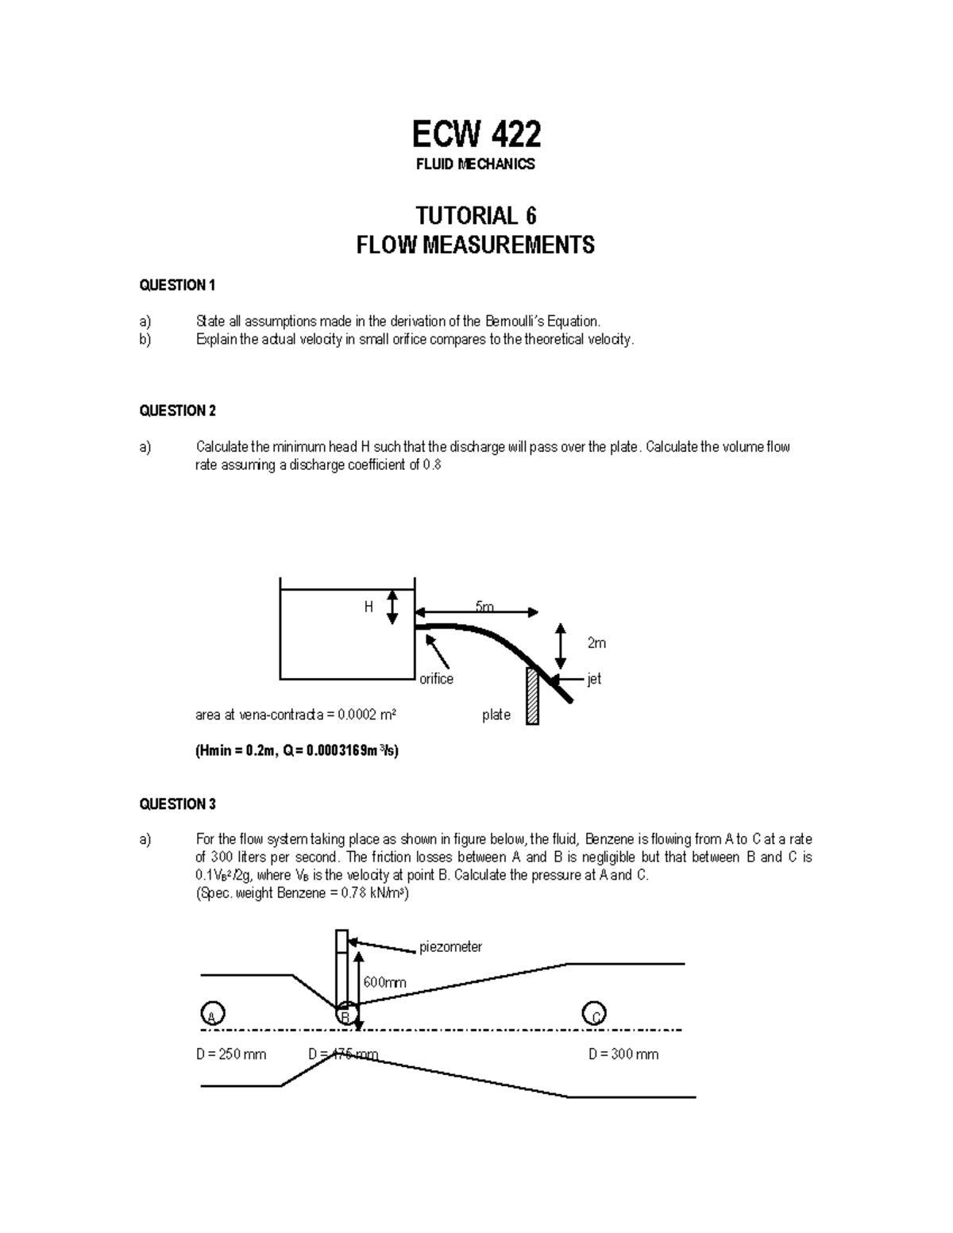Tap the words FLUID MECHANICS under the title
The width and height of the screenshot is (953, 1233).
476,164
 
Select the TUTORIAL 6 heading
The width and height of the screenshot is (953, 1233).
476,216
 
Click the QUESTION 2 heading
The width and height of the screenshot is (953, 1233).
177,410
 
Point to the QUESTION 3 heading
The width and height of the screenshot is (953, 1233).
177,804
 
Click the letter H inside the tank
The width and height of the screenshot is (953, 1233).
368,607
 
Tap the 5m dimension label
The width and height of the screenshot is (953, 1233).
484,607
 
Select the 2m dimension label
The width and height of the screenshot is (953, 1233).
596,643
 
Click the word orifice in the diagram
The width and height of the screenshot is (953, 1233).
436,679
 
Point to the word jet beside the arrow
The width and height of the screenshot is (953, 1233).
594,679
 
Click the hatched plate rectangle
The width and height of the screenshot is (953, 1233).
532,696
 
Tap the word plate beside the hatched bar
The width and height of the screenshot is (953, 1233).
496,715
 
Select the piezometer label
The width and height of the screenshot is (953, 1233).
450,947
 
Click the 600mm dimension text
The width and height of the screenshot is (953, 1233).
385,982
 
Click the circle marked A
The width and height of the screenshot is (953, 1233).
212,1014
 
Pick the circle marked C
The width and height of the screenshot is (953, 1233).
594,1014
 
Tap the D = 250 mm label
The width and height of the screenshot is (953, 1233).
231,1054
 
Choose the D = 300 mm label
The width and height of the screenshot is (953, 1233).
623,1054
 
